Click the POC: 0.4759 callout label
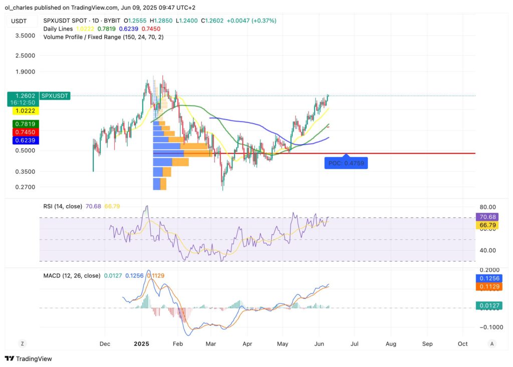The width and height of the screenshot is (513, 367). click(346, 163)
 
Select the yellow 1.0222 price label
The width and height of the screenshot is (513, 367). click(20, 111)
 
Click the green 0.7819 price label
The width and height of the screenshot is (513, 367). click(20, 124)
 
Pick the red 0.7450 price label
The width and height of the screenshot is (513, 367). click(20, 132)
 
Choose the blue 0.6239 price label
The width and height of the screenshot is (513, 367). click(20, 141)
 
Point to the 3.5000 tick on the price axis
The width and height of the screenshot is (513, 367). click(25, 36)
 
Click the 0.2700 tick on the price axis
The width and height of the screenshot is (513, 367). click(25, 187)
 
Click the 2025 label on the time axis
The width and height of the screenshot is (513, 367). click(142, 344)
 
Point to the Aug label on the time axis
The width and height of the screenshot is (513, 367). click(391, 344)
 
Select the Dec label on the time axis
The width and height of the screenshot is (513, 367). click(105, 344)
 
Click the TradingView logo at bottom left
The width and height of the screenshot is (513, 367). click(29, 358)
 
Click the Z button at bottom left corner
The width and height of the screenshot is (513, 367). click(22, 343)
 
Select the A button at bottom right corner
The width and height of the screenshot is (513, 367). click(492, 343)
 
